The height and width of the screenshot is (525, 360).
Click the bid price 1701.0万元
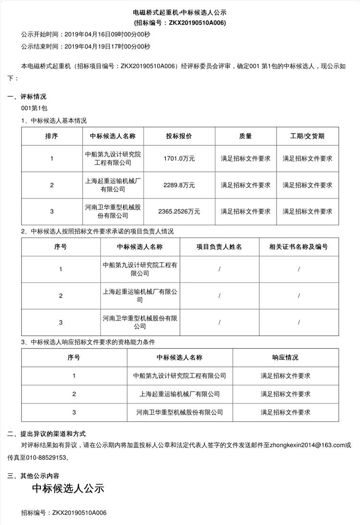pos(179,158)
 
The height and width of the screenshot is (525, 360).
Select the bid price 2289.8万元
pos(179,185)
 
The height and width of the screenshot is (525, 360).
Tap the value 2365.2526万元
pos(179,211)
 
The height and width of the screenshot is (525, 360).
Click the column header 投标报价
pos(179,136)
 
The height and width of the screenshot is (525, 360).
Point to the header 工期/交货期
pos(307,136)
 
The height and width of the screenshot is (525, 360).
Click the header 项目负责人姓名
pos(219,247)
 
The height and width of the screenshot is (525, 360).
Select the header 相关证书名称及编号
pos(299,247)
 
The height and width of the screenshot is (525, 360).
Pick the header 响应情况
pos(285,358)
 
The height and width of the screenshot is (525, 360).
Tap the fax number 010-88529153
pos(51,458)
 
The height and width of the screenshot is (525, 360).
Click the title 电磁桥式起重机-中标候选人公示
pos(180,12)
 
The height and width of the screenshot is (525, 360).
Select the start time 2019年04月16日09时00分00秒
pos(107,35)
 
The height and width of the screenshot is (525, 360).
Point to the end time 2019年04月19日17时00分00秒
pos(107,47)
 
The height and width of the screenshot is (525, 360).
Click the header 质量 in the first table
pos(245,136)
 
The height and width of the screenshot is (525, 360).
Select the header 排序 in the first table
pos(51,136)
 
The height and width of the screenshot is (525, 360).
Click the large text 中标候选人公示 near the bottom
pos(68,489)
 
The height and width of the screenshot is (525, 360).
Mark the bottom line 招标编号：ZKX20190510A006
pos(64,513)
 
